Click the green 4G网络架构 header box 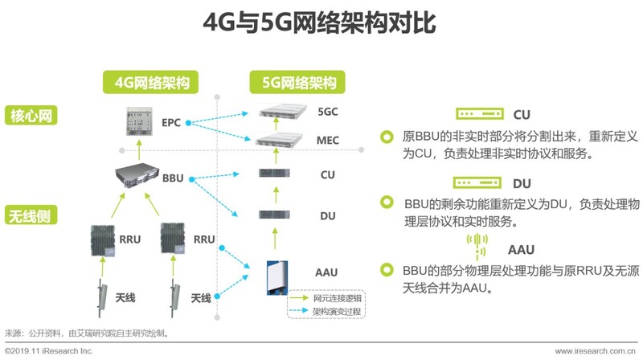point(150,82)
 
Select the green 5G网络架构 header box point(297,82)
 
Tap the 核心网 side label point(31,115)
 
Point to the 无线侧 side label point(31,215)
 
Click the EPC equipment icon point(139,121)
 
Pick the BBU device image point(137,175)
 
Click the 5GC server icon point(283,111)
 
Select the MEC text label point(328,141)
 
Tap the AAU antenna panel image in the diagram point(277,277)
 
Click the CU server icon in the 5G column point(274,173)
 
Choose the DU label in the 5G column point(328,216)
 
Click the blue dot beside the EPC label point(188,123)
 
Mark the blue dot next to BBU point(191,179)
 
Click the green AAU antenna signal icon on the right point(477,247)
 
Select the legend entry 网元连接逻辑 point(326,298)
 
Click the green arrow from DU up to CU point(276,195)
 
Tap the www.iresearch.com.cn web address point(595,351)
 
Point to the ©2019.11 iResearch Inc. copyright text point(49,351)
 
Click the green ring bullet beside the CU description point(387,137)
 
